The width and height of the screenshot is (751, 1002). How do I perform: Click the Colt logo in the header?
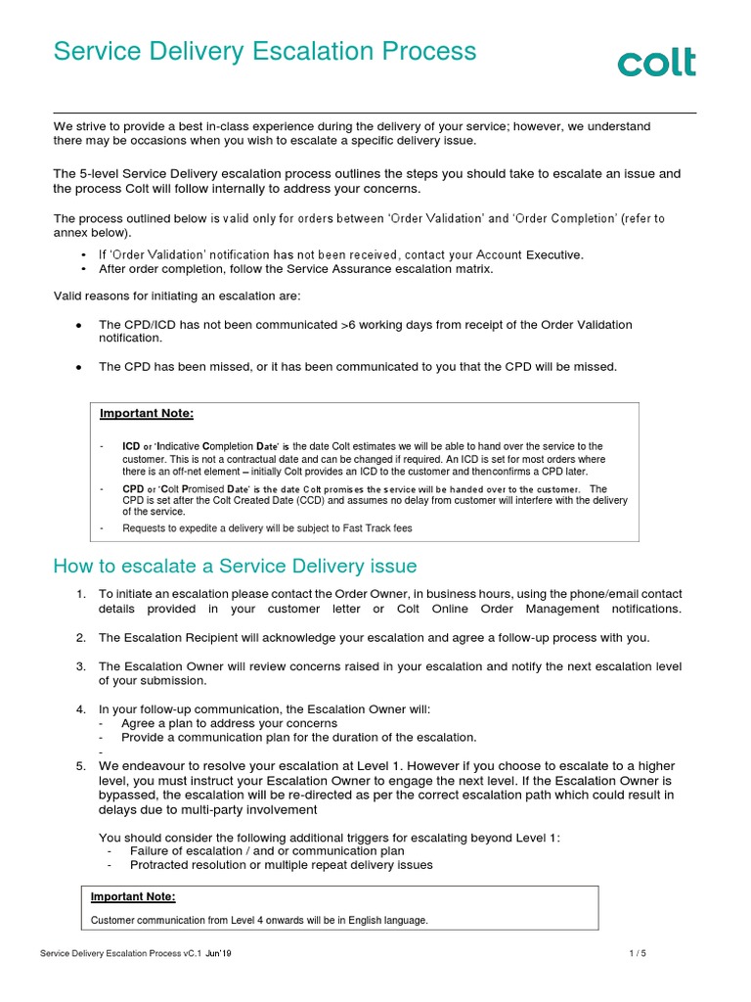[656, 63]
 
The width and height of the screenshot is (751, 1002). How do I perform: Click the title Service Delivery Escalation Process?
[265, 52]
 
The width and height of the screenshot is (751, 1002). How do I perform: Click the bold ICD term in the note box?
[131, 446]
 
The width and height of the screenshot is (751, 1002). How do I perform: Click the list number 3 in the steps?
[81, 666]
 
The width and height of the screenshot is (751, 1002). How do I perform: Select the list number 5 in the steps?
[81, 765]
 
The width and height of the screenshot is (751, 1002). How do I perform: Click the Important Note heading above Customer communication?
[133, 896]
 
